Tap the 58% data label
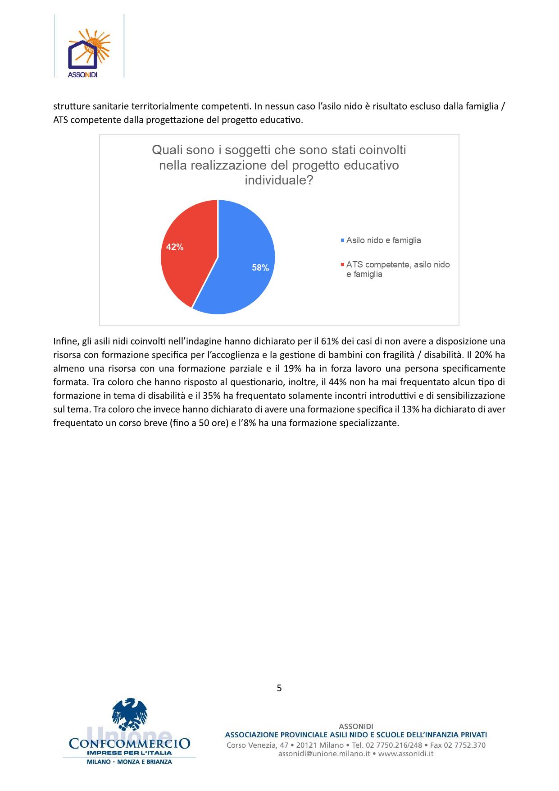260,268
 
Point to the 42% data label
175,247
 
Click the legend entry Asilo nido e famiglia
383,240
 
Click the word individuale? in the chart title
279,180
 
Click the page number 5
279,688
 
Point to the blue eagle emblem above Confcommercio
130,714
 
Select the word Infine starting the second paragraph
65,341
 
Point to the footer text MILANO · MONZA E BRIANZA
129,762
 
